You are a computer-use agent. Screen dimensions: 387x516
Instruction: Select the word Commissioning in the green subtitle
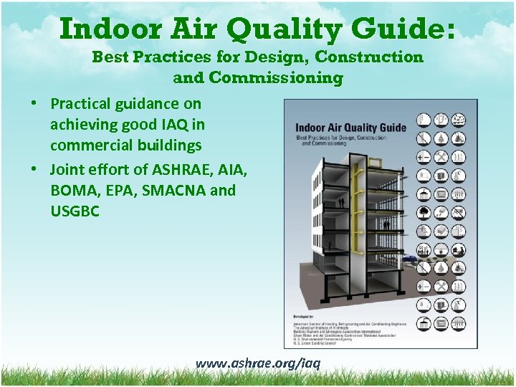point(258,77)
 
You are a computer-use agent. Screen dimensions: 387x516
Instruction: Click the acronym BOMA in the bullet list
point(75,191)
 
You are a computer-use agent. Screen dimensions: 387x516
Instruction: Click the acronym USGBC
point(75,212)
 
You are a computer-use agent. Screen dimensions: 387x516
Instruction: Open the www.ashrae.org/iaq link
point(258,363)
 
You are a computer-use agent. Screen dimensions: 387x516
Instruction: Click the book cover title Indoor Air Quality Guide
point(350,128)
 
